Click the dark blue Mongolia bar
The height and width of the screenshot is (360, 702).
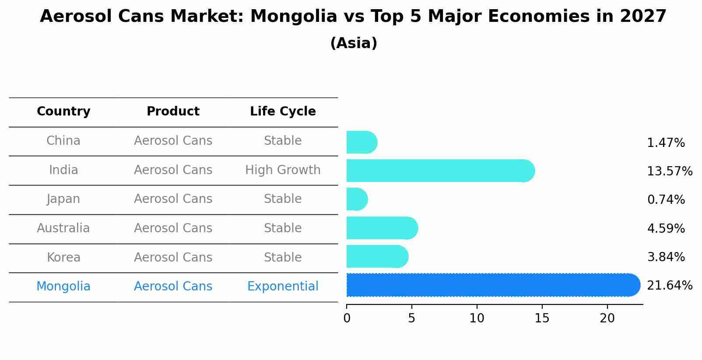(492, 285)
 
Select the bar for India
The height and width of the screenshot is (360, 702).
(440, 171)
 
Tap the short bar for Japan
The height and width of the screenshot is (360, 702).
(357, 199)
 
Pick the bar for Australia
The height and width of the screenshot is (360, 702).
(382, 228)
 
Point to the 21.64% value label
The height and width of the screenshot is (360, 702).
(669, 286)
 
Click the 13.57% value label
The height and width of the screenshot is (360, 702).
(669, 171)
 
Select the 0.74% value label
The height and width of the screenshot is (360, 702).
(666, 200)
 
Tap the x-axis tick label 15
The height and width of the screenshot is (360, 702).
(542, 318)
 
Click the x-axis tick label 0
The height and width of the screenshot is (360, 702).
(347, 318)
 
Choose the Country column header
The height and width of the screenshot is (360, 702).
(63, 112)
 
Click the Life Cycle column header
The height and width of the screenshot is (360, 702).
(283, 112)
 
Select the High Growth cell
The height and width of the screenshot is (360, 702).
(283, 170)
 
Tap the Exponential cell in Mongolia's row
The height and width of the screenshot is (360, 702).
(283, 287)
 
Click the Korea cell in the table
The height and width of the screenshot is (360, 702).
(63, 257)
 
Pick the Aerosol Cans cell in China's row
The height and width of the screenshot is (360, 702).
(173, 141)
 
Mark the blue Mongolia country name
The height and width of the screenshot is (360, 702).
(63, 287)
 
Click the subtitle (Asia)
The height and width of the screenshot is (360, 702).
(353, 43)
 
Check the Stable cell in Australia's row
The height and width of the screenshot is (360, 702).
(283, 228)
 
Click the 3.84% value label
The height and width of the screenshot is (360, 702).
(666, 257)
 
